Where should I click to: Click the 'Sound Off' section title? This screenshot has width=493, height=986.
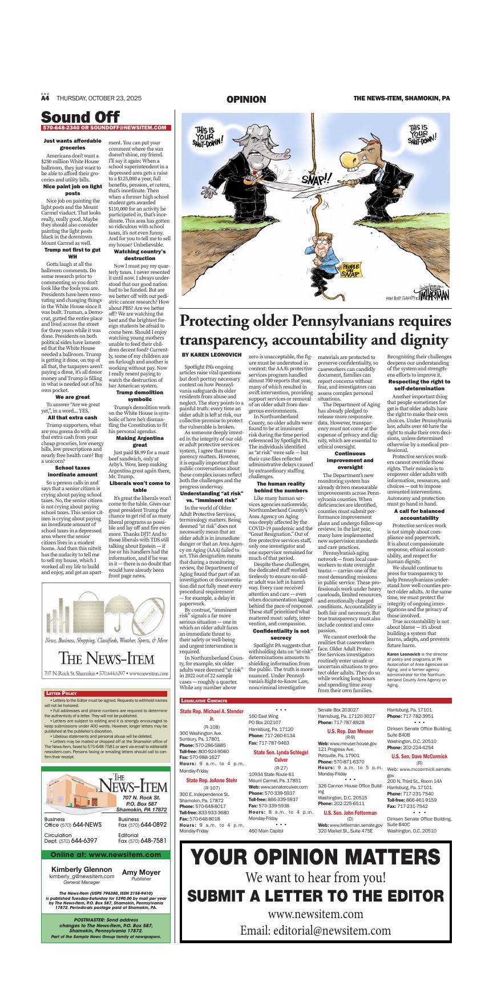tap(80, 117)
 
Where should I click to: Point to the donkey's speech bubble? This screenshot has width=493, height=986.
tap(423, 135)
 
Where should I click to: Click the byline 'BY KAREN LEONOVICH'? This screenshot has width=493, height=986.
tap(208, 355)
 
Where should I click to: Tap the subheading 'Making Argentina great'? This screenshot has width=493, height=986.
tap(139, 425)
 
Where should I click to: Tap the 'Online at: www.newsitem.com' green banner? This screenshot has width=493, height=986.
tap(106, 855)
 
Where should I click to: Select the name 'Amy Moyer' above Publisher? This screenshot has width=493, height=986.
tap(141, 872)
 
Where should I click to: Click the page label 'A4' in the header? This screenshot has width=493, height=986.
tap(46, 98)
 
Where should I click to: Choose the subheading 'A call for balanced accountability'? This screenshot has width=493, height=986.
tap(419, 515)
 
